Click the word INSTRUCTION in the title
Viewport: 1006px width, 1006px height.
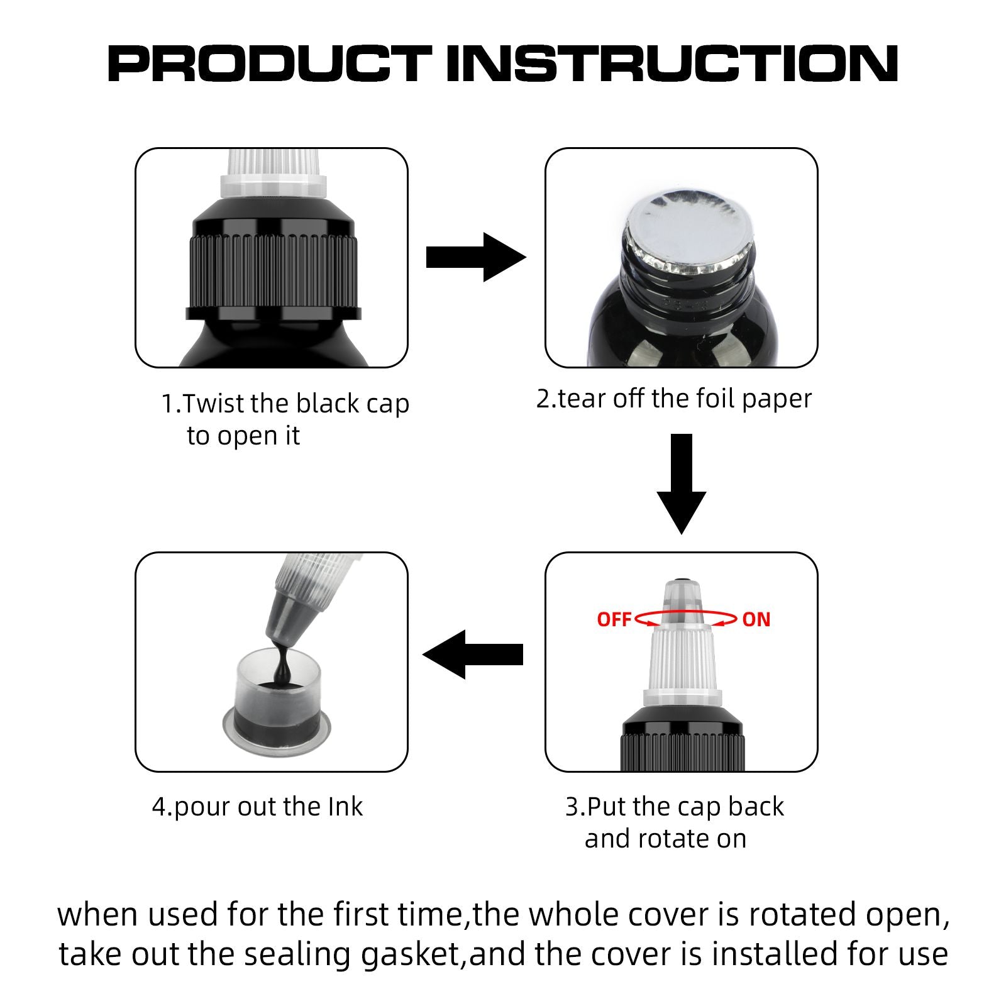(x=672, y=64)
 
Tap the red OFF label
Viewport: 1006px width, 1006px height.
(x=614, y=619)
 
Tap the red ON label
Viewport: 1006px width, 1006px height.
(x=756, y=619)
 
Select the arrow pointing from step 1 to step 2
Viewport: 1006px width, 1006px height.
(x=476, y=257)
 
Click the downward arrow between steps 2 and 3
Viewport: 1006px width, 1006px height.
(x=682, y=484)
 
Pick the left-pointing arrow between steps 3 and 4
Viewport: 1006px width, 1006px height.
(x=473, y=655)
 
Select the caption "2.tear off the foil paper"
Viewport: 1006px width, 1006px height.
(x=674, y=399)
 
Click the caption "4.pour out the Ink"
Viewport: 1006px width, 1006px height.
(x=257, y=807)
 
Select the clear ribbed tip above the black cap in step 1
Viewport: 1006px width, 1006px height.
(x=274, y=174)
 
